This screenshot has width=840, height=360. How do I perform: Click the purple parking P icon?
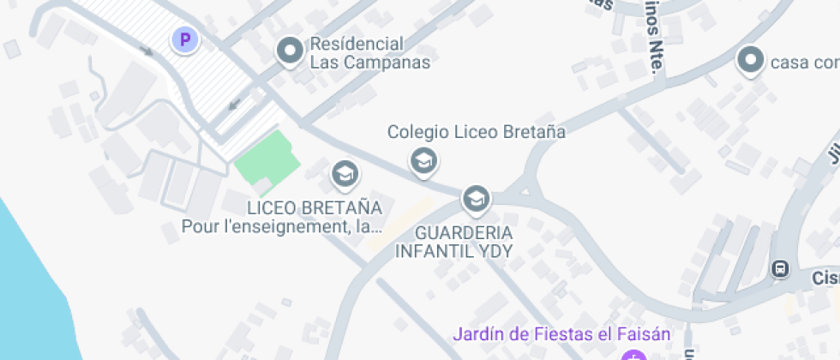[x=184, y=39]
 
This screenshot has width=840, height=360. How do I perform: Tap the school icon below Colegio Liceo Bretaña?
[x=423, y=160]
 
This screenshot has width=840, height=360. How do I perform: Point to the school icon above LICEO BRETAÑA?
[x=345, y=175]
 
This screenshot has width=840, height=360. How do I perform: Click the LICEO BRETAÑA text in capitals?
[x=314, y=208]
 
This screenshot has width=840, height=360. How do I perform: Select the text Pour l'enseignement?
[x=267, y=227]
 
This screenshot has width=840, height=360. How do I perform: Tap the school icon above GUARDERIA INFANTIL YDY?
[x=475, y=200]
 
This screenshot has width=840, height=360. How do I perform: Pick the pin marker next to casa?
[x=751, y=61]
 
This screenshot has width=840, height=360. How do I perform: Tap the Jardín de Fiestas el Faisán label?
[x=561, y=333]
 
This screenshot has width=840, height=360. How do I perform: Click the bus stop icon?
[x=780, y=268]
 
